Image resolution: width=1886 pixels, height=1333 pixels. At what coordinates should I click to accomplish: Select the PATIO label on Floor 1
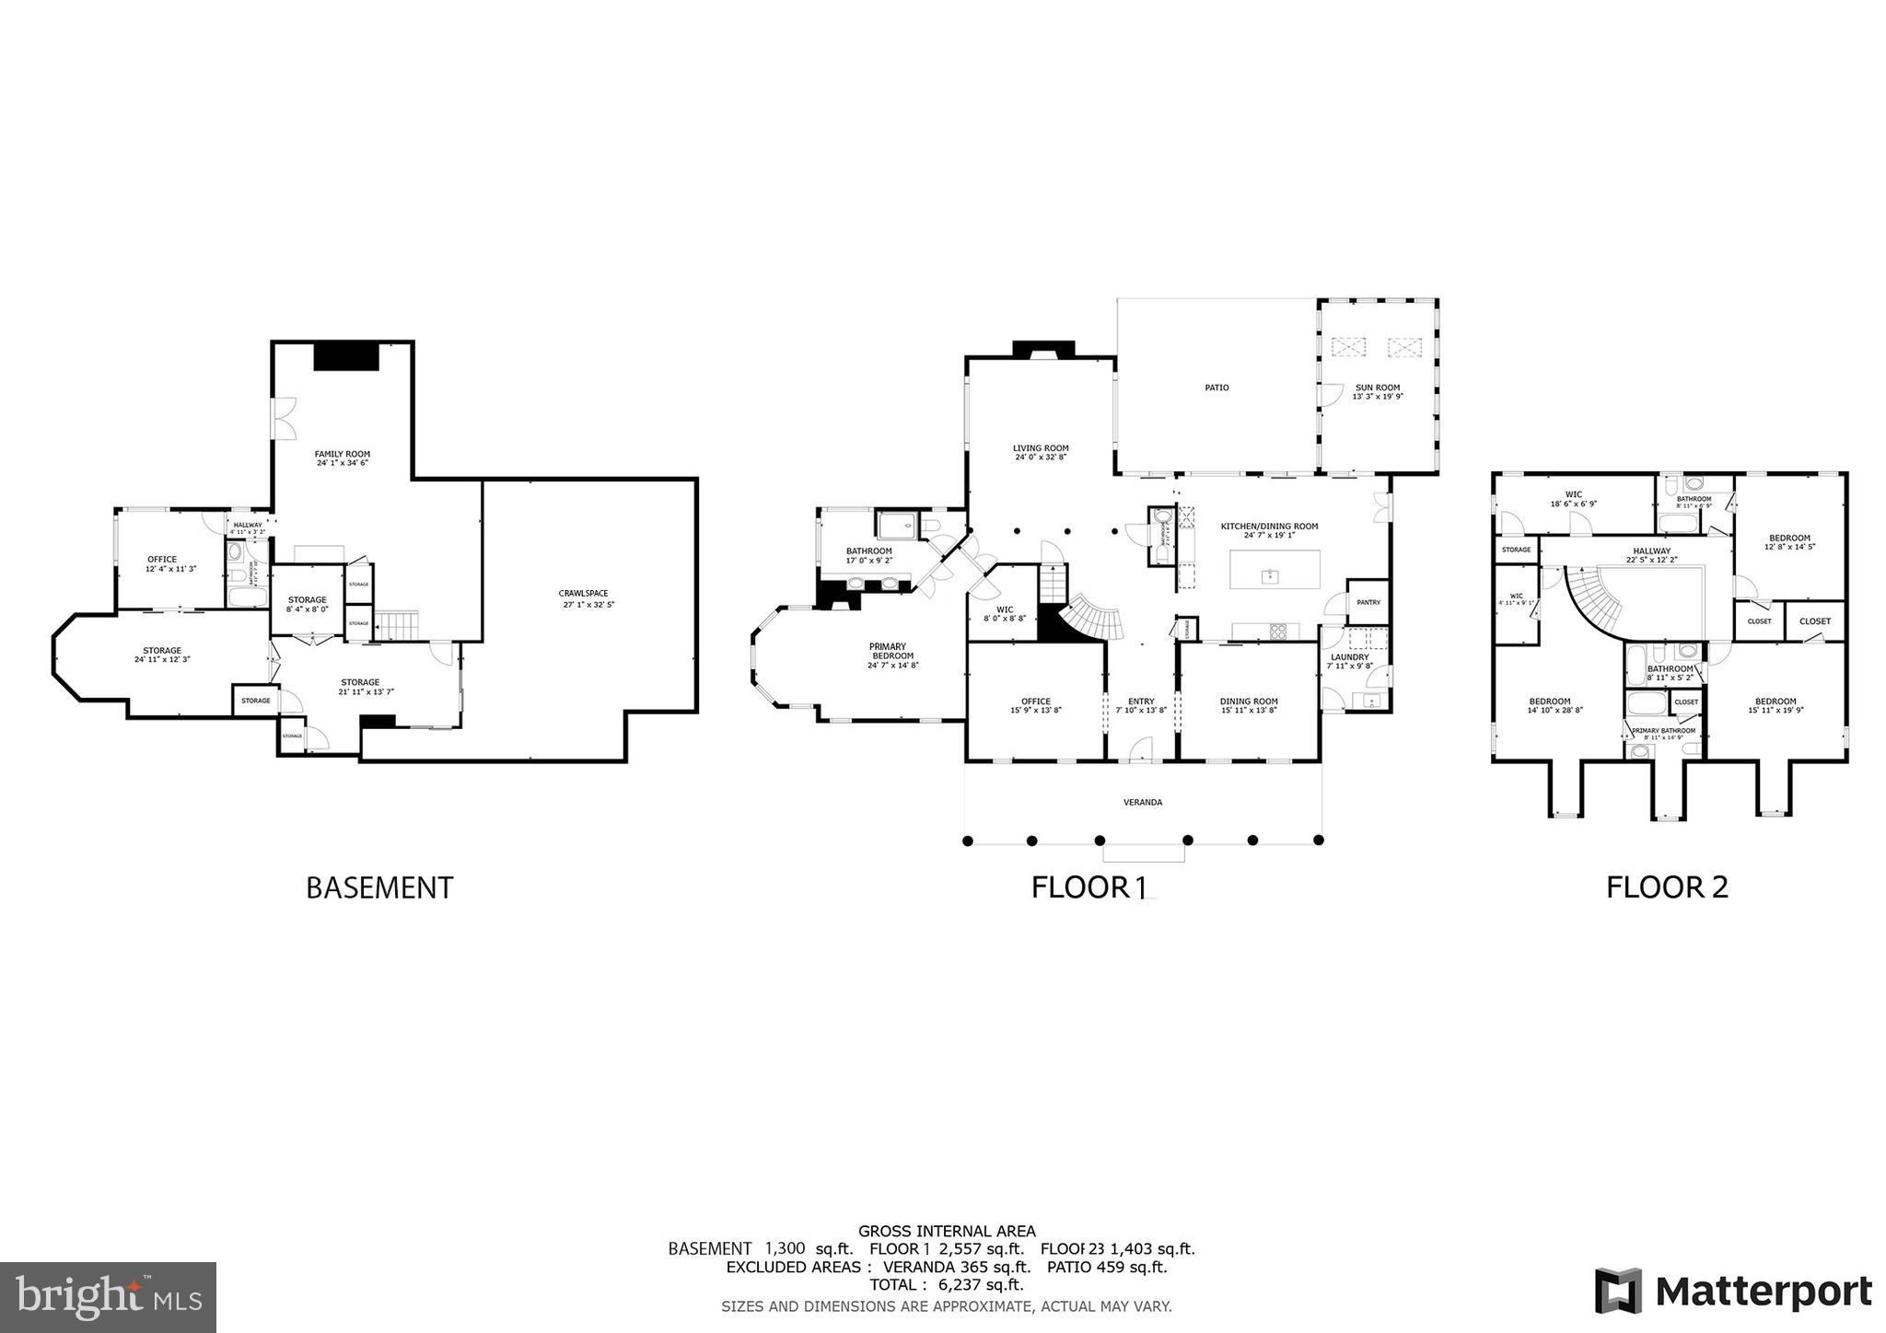[1217, 388]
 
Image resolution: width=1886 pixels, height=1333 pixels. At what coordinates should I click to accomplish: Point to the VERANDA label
[1142, 802]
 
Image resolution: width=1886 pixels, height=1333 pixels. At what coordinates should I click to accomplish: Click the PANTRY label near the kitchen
[1368, 602]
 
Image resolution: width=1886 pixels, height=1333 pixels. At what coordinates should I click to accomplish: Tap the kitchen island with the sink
[1275, 570]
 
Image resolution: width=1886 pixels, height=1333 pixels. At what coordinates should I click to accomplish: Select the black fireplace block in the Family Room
[346, 356]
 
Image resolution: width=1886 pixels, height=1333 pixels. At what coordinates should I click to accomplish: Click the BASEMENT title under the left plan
[379, 887]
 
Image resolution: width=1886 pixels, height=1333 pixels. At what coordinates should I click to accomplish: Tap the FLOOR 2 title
[1667, 887]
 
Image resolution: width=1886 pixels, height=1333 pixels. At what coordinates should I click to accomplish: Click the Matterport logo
[1733, 1291]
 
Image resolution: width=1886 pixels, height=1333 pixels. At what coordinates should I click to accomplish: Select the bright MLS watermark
[109, 1297]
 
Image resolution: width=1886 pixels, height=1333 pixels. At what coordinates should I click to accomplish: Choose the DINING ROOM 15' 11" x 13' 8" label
[1249, 705]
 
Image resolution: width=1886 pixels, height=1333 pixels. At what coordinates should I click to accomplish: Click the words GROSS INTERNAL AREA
[947, 1231]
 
